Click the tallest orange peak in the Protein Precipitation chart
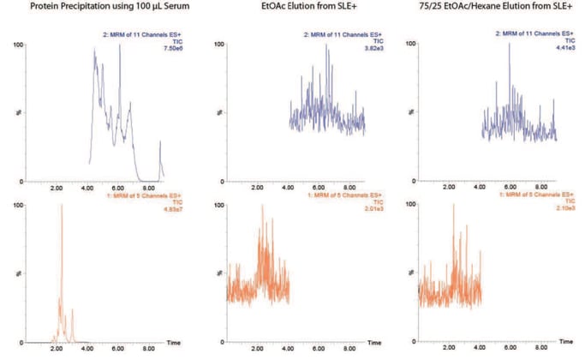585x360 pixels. pos(62,207)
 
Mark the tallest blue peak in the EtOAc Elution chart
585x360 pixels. pos(327,45)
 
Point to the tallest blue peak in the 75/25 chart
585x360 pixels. pos(510,45)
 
